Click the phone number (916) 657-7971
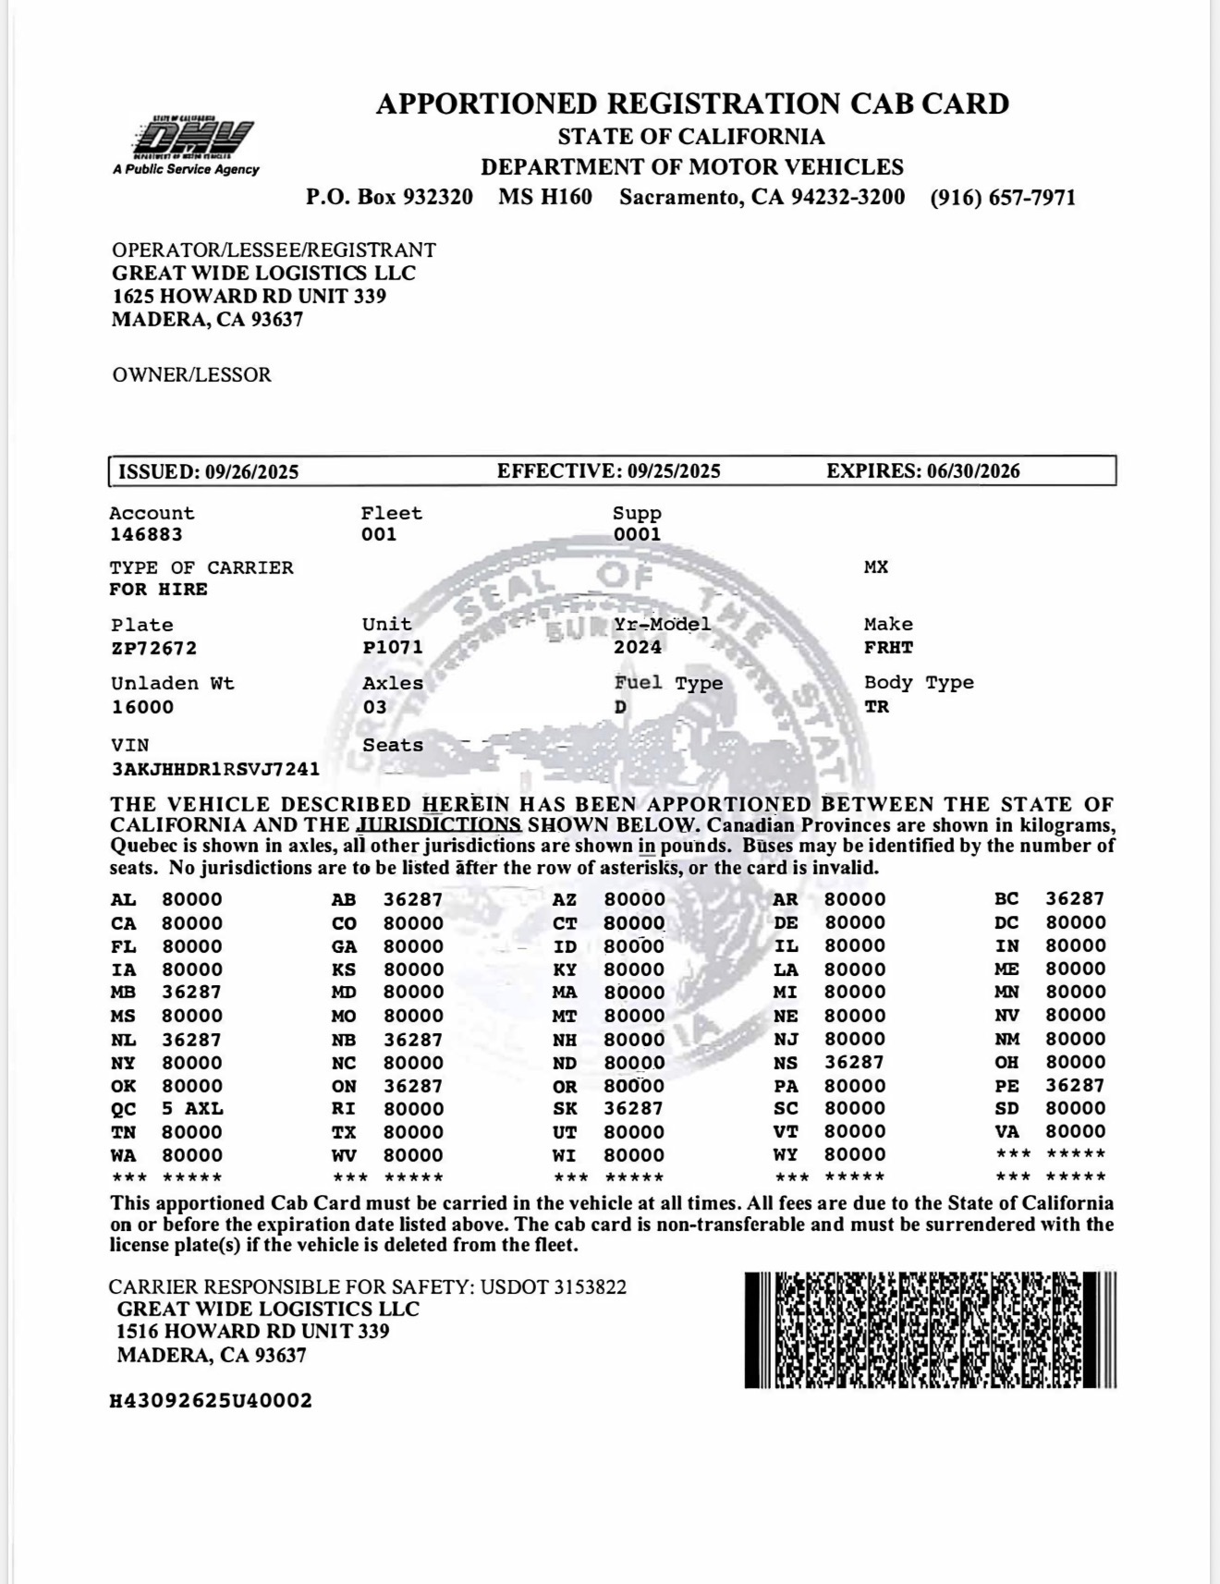tap(1003, 198)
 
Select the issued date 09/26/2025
tap(251, 472)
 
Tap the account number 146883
tap(146, 534)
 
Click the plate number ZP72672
tap(153, 648)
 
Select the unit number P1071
tap(392, 647)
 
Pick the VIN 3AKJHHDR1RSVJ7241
tap(214, 769)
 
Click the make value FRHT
tap(888, 647)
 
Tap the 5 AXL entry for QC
tap(192, 1109)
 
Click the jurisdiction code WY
tap(785, 1155)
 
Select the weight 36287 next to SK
tap(634, 1109)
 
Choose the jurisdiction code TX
tap(344, 1132)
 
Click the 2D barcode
tap(930, 1330)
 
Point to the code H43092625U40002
tap(211, 1401)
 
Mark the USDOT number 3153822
tap(590, 1287)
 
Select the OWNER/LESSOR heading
tap(191, 375)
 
